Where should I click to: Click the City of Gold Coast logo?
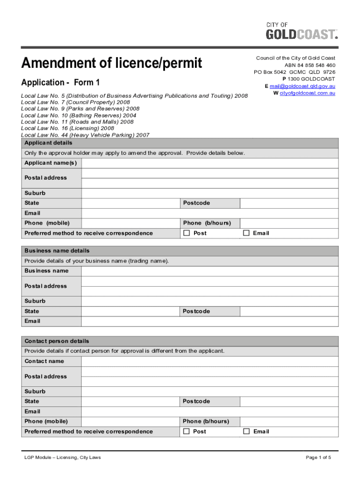(301, 31)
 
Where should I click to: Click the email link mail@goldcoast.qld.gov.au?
(302, 86)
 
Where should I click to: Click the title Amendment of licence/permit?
(112, 63)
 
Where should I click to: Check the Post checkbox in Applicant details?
(187, 233)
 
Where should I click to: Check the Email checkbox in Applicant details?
(246, 233)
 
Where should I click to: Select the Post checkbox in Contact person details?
(187, 431)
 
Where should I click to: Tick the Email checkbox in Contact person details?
(246, 431)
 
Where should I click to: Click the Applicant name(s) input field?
(209, 163)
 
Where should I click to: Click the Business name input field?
(209, 271)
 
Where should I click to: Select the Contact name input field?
(209, 361)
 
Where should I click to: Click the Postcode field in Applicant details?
(289, 203)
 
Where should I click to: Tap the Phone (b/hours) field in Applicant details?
(289, 223)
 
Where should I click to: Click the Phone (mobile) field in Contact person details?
(130, 421)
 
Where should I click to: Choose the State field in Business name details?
(130, 312)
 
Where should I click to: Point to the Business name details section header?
(58, 251)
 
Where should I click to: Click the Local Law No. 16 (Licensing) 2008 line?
(68, 128)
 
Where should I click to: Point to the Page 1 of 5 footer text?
(318, 457)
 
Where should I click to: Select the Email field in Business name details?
(209, 321)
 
